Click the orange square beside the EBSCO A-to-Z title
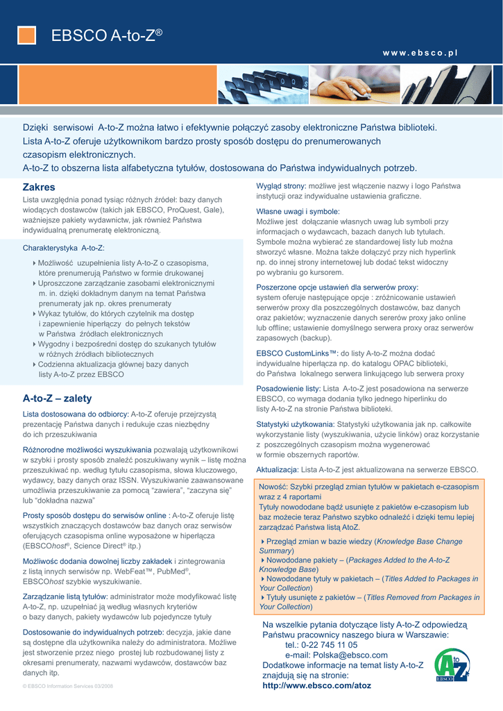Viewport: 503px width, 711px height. click(x=26, y=35)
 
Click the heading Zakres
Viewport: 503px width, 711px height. click(x=39, y=187)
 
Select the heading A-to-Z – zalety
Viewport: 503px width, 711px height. click(x=58, y=399)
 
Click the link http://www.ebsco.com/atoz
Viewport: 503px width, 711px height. click(x=316, y=685)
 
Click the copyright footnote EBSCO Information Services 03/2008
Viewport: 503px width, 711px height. click(x=67, y=686)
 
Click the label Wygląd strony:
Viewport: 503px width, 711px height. click(x=281, y=186)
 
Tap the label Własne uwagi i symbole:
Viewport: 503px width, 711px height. click(x=298, y=211)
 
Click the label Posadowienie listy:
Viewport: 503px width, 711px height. click(x=288, y=388)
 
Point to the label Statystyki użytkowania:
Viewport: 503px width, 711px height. click(x=296, y=424)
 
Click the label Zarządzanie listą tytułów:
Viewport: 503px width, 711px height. click(x=65, y=596)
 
